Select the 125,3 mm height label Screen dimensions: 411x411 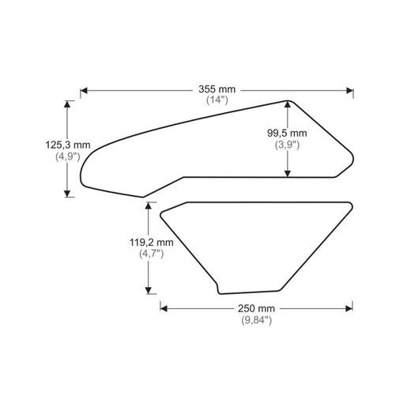(69, 144)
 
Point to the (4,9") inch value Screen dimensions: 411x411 (69, 156)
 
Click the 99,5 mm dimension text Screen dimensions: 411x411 (288, 134)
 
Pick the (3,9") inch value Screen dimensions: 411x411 (288, 145)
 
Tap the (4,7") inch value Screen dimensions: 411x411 (150, 254)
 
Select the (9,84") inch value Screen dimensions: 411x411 (257, 320)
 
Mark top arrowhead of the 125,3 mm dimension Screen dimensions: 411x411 (69, 104)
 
